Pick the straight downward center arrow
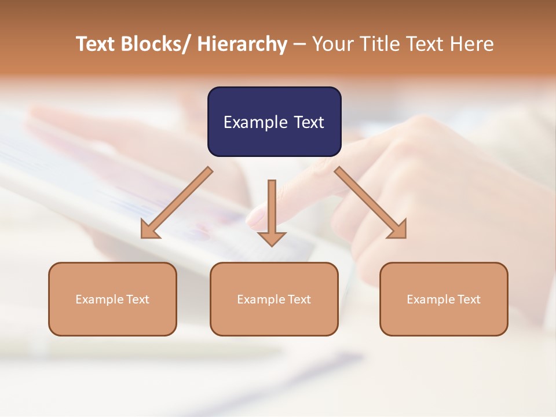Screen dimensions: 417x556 [x=272, y=209]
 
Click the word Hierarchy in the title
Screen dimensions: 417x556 [x=242, y=44]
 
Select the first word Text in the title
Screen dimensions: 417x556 [x=95, y=44]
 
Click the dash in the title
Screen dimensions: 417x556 [x=299, y=45]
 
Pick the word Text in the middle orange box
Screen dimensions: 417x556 [x=299, y=299]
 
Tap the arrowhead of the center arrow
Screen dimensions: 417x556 [x=272, y=238]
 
